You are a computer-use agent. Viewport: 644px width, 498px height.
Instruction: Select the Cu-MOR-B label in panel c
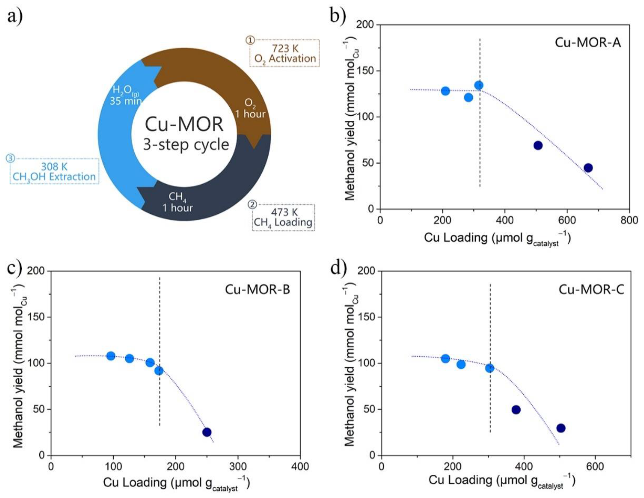tap(257, 289)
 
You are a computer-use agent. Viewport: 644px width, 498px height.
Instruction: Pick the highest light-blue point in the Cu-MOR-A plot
tap(479, 85)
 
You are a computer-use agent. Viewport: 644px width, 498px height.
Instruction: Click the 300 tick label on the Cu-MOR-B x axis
tap(238, 466)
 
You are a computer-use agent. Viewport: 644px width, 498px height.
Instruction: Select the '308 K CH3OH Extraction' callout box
tap(54, 172)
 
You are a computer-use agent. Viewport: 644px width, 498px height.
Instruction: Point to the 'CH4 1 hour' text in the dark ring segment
tap(177, 202)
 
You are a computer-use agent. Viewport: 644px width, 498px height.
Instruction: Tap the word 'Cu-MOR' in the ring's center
tap(184, 124)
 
